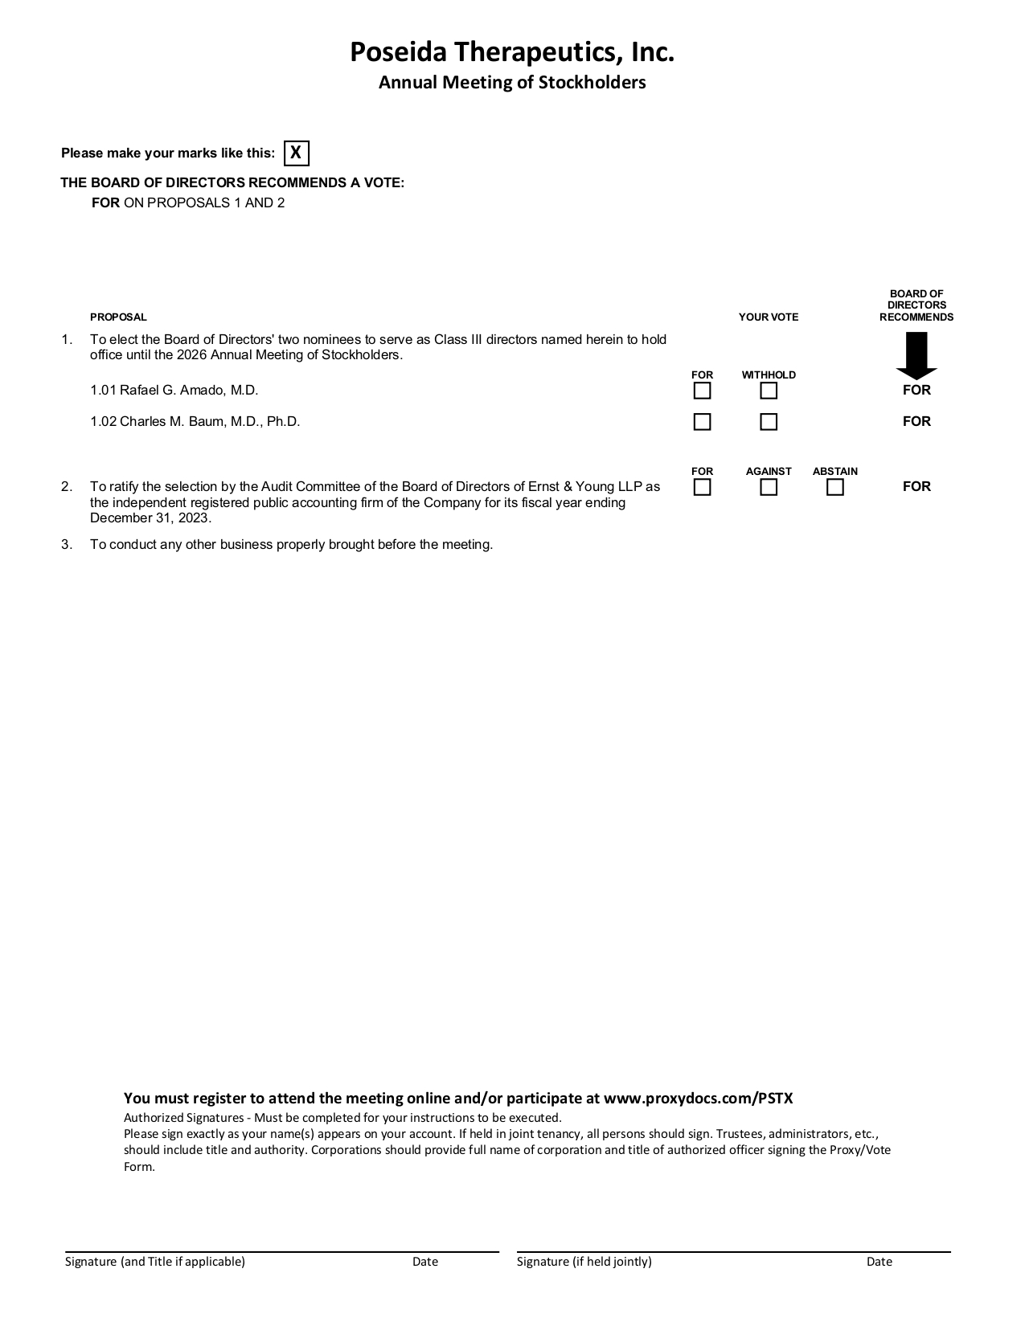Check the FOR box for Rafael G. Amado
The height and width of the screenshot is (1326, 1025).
click(x=702, y=391)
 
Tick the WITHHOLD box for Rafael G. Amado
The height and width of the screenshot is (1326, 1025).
click(x=769, y=391)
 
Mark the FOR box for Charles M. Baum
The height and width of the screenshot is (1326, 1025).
click(x=702, y=422)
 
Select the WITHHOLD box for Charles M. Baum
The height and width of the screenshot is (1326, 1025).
click(x=769, y=422)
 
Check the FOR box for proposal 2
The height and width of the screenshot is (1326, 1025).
click(x=702, y=487)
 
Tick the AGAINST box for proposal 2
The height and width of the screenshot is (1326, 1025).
click(x=769, y=487)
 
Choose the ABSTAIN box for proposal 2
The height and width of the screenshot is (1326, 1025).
click(x=835, y=487)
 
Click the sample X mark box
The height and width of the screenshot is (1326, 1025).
click(x=296, y=153)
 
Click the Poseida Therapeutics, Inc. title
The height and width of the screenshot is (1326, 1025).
click(x=512, y=53)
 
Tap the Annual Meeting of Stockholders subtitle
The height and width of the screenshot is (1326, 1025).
click(x=512, y=82)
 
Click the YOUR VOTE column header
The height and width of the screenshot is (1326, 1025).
click(x=769, y=317)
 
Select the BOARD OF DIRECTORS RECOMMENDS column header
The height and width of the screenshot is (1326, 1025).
click(x=916, y=305)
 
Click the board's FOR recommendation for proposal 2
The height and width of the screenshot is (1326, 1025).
click(x=916, y=486)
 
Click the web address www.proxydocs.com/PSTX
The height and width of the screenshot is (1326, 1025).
click(x=698, y=1099)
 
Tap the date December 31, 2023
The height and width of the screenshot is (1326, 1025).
click(x=150, y=518)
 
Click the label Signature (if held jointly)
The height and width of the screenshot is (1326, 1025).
click(x=584, y=1262)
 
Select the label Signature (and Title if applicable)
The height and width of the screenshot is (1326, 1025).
click(x=155, y=1262)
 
